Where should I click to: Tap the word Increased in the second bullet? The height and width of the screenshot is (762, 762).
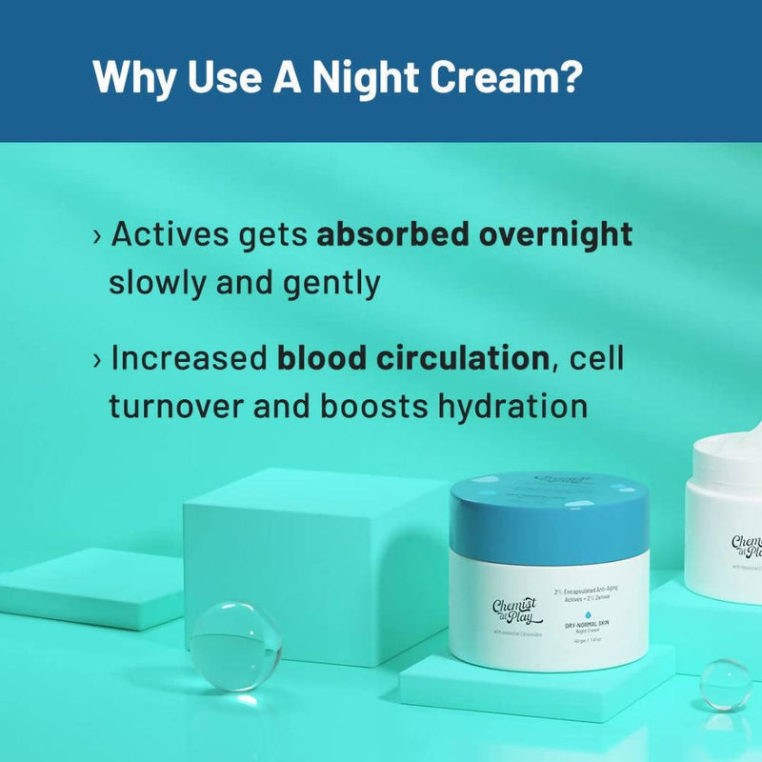tap(189, 358)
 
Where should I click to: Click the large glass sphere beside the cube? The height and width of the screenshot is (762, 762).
tap(235, 644)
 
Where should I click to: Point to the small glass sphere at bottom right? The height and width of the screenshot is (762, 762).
tap(725, 682)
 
